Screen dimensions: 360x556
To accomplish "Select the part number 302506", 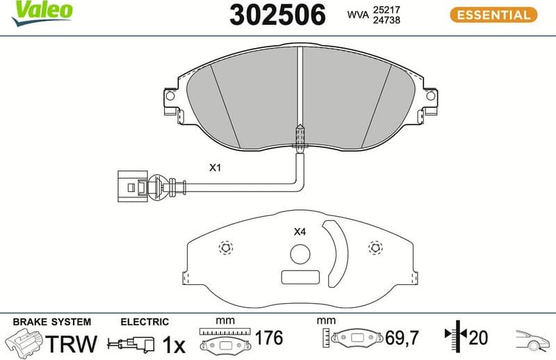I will point(277,15).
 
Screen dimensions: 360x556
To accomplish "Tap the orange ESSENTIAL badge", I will point(493,14).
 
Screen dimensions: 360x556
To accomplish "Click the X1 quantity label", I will point(215,167).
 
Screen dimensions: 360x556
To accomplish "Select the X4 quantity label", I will point(300,232).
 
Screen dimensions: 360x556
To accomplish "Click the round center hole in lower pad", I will point(300,255).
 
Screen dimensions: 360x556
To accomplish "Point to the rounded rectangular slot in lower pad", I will point(300,277).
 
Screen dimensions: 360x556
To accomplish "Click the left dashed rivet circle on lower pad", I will point(225,247).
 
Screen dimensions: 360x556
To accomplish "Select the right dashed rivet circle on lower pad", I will point(376,247).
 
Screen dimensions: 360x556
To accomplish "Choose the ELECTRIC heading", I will point(145,322).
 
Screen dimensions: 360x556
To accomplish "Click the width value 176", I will point(269,339).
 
